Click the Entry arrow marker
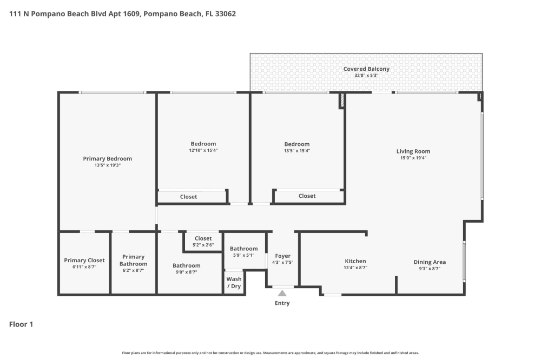282,293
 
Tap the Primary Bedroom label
107,158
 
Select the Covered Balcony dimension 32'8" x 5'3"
366,76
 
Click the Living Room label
413,151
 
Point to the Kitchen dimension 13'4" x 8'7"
355,268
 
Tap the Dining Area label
430,262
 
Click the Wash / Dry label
234,282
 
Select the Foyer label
282,256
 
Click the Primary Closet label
84,261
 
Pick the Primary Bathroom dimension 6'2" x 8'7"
133,270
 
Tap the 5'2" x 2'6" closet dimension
203,245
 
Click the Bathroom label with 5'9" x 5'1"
244,249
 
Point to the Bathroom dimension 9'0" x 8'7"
186,272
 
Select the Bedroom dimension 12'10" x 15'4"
203,150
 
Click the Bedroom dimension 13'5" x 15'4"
296,151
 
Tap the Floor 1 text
21,324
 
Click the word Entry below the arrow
282,303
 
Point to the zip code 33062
225,14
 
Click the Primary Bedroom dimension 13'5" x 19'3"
107,165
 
